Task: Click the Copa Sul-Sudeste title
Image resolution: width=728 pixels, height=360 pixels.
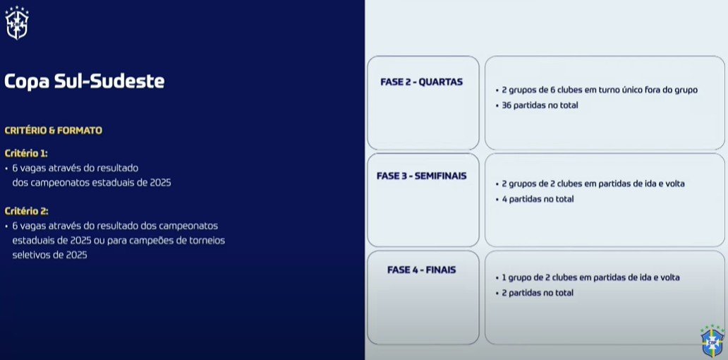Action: [84, 81]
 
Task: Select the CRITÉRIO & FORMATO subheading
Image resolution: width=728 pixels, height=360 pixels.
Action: [53, 131]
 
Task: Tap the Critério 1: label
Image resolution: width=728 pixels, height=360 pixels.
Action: [26, 153]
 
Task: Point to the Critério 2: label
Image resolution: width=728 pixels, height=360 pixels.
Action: [26, 211]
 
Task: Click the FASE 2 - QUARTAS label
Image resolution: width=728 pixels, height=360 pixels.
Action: [421, 82]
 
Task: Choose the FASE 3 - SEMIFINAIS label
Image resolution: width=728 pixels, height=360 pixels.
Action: [422, 176]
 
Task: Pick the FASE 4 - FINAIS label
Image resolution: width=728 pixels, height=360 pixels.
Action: [421, 270]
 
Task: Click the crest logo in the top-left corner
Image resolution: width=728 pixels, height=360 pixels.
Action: [16, 23]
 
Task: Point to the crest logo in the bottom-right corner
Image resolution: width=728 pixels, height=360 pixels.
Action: [712, 341]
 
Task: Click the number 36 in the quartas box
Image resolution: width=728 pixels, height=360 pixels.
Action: [506, 106]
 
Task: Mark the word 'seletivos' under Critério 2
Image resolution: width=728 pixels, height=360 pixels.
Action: [31, 256]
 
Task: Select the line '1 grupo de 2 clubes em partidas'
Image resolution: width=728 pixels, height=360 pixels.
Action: [590, 277]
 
